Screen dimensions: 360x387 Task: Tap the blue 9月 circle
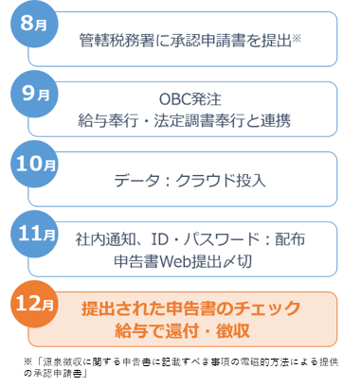(33, 96)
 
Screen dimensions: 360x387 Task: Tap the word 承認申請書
(201, 41)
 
